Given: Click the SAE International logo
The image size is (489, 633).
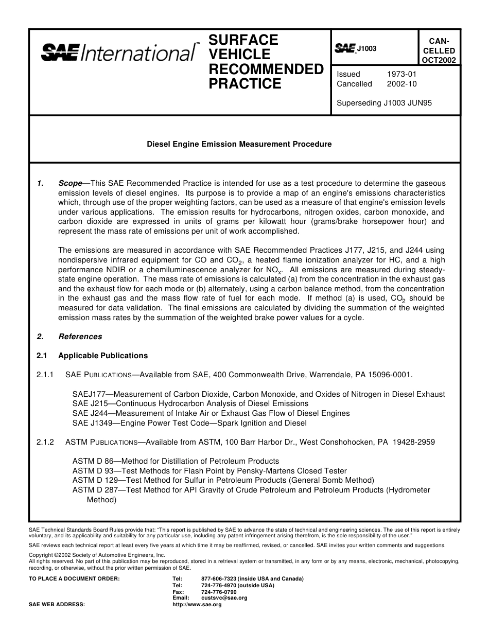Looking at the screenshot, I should tap(118, 53).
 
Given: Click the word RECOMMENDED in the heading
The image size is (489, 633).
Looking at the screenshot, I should tap(266, 69).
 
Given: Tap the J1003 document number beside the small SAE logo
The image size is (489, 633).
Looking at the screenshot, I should tap(366, 49).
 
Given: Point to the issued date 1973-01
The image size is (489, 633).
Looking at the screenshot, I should tap(401, 74).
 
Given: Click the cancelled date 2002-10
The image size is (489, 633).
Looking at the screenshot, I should tap(401, 84).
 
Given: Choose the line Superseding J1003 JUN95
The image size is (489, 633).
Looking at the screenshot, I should tap(384, 102).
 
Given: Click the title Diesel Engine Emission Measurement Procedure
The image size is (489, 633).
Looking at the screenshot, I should tap(239, 144).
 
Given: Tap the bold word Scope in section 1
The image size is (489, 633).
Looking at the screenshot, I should tap(71, 183).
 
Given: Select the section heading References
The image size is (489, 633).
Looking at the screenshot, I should tap(80, 337).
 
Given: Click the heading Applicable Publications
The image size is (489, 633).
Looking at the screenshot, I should tap(103, 356).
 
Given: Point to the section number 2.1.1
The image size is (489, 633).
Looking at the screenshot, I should tap(45, 375).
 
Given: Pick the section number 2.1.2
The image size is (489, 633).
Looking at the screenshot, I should tap(45, 442).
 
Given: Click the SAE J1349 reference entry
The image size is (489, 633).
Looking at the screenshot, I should tap(189, 423).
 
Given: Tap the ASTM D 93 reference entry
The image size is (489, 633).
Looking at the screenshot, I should tap(209, 471).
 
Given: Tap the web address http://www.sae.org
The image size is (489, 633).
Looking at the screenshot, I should tap(197, 605).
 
